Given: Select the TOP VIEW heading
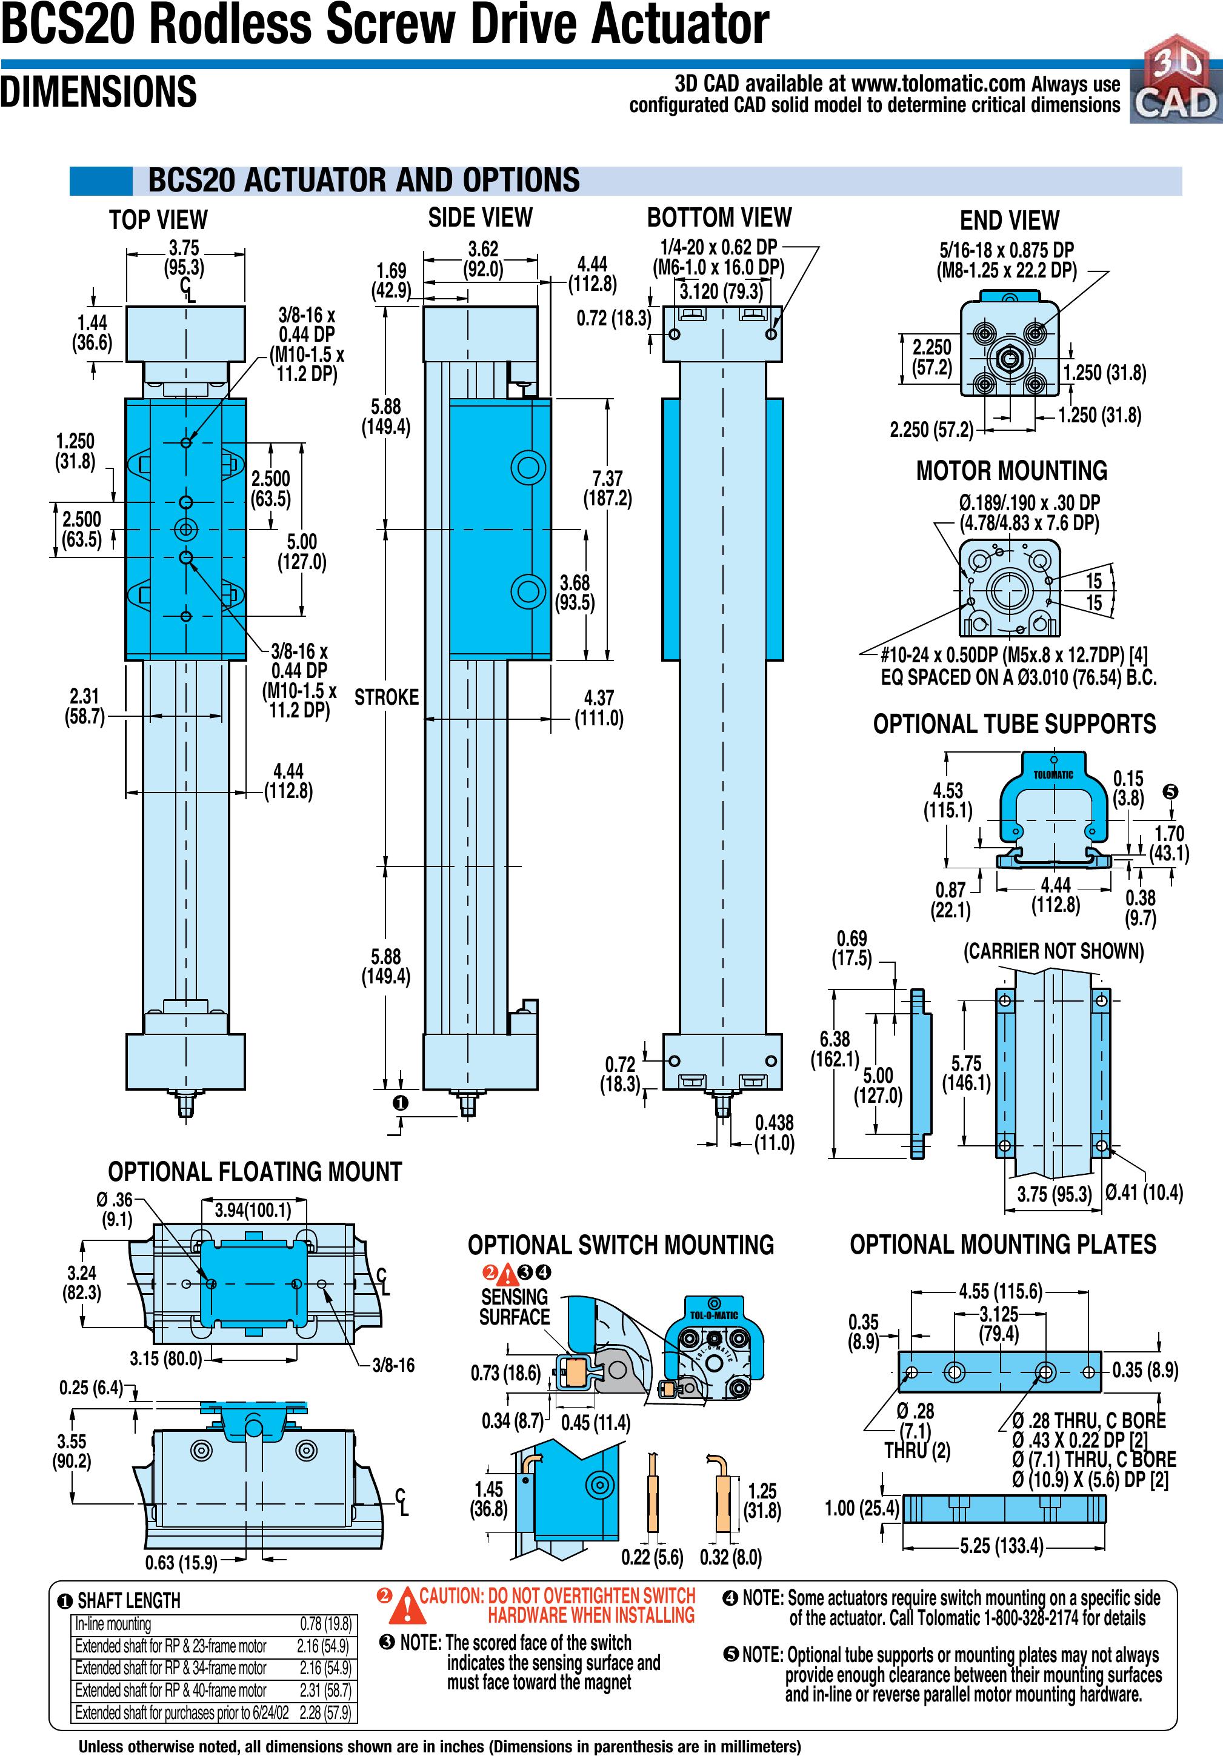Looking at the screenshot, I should pos(158,219).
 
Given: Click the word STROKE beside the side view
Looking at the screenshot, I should pos(386,697).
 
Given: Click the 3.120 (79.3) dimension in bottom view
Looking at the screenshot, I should pos(721,291).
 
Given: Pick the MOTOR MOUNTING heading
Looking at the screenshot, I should pos(1011,470).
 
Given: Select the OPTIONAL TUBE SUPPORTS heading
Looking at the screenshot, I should pos(1014,723).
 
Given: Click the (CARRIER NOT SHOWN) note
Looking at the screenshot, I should pos(1053,951).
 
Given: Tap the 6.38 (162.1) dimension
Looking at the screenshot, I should pos(835,1048).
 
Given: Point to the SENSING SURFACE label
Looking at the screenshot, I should pos(514,1306).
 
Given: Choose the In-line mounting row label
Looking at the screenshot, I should pos(113,1625).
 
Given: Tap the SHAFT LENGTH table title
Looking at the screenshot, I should pos(128,1600).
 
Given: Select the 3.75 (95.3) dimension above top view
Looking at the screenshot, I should pos(184,258).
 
